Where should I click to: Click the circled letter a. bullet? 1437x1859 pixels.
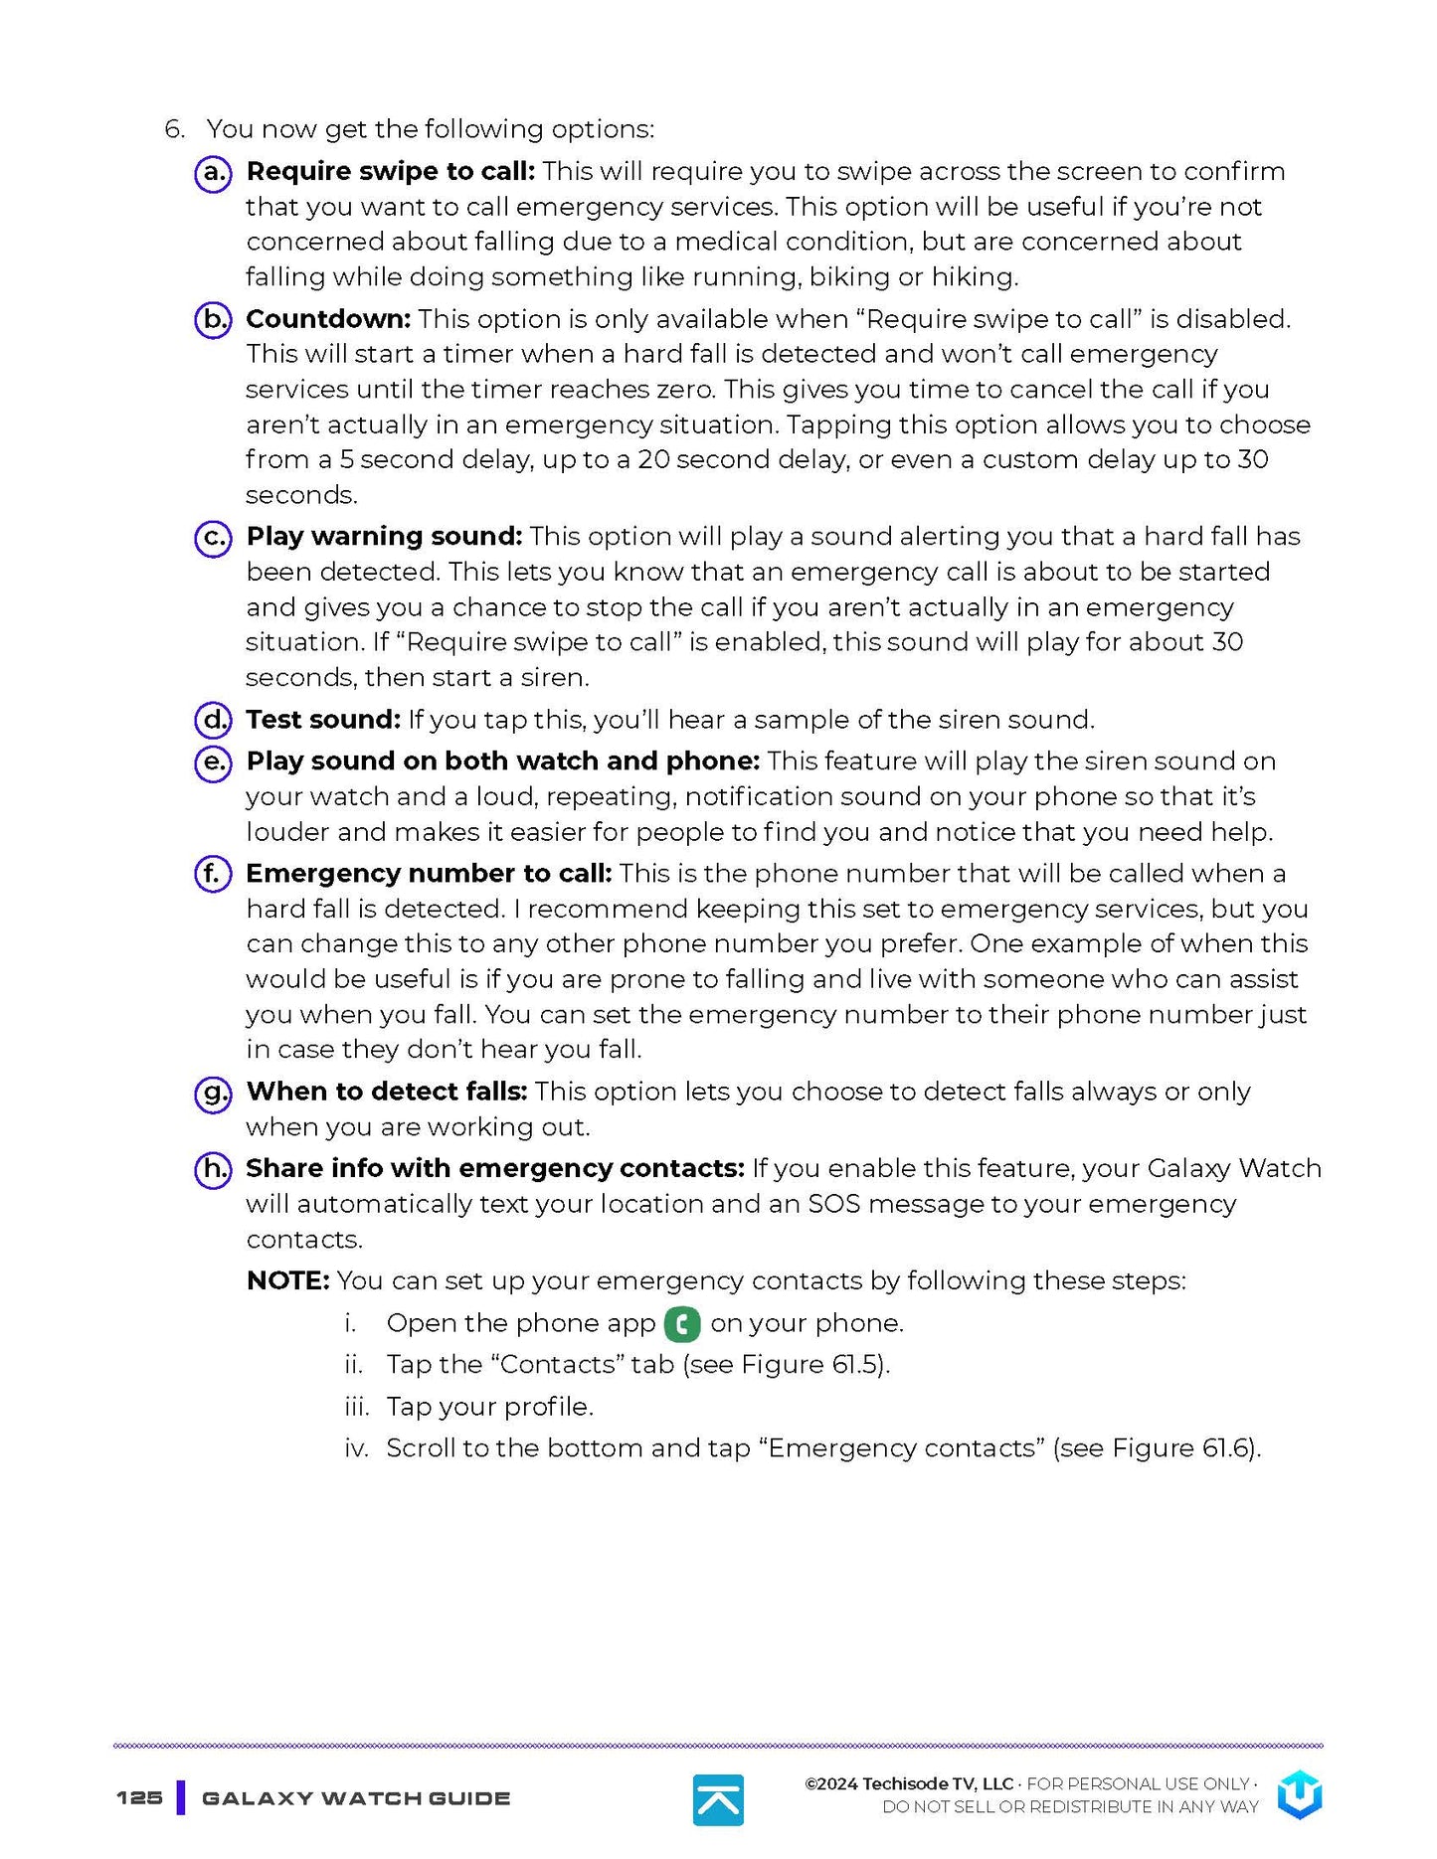[212, 173]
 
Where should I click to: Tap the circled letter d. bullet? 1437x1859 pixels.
[212, 720]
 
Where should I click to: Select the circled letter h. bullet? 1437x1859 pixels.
[212, 1169]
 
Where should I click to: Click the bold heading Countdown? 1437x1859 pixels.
[327, 319]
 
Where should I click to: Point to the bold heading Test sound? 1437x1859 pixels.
[323, 720]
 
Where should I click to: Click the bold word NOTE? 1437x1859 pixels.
[287, 1280]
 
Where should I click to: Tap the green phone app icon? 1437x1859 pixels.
[682, 1324]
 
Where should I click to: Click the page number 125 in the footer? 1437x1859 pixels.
[139, 1797]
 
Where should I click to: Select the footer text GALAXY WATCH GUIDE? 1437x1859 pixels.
[356, 1798]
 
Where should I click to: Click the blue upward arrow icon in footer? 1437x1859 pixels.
[718, 1799]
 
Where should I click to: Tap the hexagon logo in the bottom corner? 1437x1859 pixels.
[1299, 1794]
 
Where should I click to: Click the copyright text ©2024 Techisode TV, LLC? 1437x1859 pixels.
[908, 1784]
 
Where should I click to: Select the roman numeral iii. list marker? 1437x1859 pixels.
[356, 1408]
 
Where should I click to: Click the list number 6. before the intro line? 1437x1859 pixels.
[174, 129]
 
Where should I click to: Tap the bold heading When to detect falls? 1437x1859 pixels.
[386, 1092]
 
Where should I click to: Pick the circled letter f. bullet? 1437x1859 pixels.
[212, 874]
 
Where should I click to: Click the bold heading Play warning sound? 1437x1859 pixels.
[384, 537]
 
